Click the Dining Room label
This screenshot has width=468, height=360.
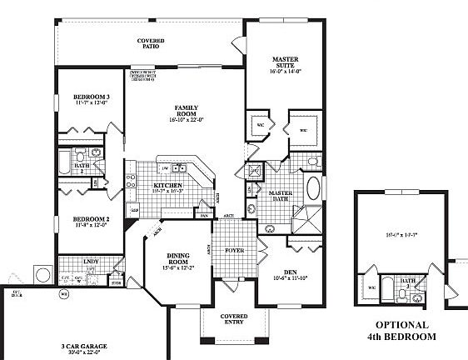coord(180,259)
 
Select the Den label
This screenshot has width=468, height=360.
coord(291,271)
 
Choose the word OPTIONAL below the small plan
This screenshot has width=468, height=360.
coord(402,325)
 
